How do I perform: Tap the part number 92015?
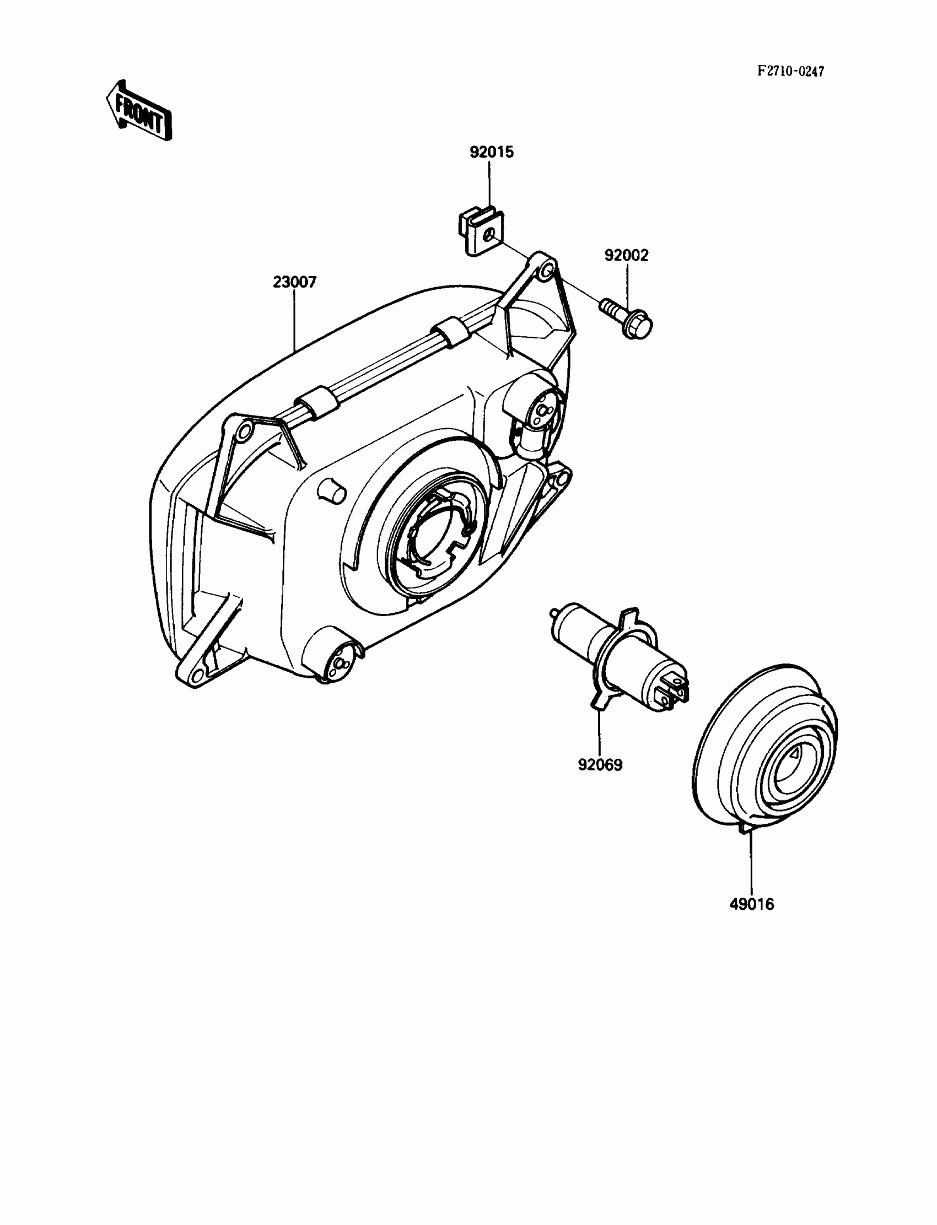(491, 152)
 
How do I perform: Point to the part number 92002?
(626, 255)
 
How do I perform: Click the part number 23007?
(294, 282)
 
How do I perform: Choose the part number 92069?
(600, 765)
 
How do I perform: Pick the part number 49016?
(752, 904)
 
